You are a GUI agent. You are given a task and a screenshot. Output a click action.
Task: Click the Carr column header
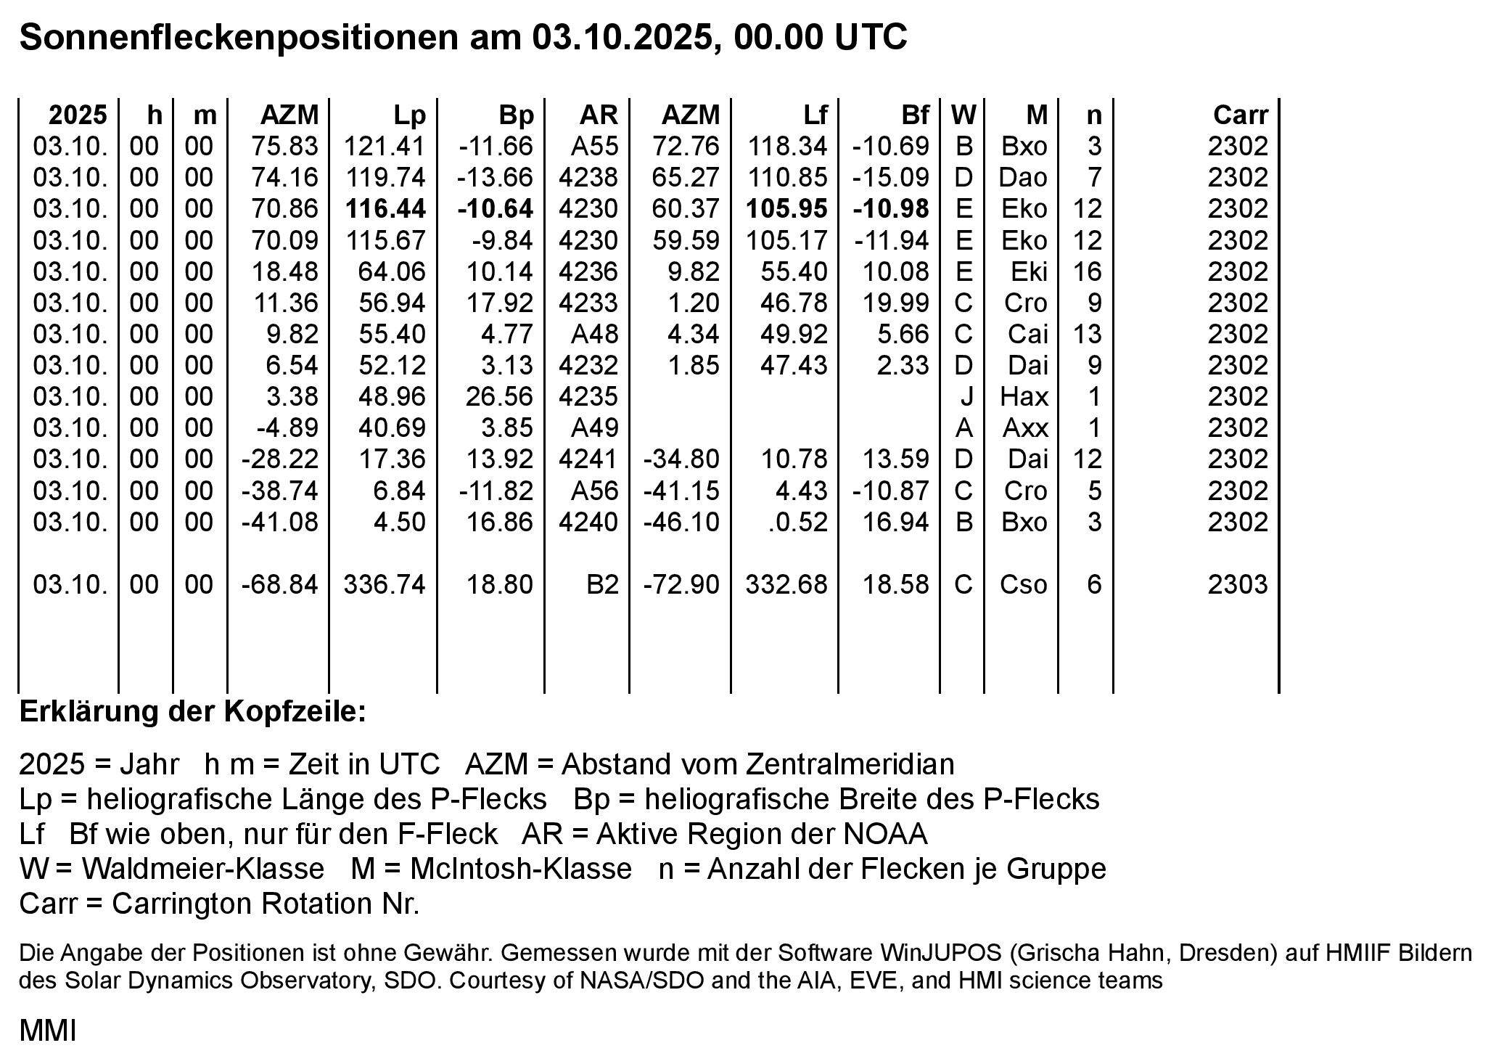1240,115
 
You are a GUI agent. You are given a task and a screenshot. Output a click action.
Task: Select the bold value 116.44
385,209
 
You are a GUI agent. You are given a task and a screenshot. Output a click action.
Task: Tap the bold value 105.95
786,209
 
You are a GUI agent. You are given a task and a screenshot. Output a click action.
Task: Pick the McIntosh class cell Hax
1024,397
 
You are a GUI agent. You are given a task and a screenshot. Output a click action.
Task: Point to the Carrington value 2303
1238,585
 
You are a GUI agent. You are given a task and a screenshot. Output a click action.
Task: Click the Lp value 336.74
385,585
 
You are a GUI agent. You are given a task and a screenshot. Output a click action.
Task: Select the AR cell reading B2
602,585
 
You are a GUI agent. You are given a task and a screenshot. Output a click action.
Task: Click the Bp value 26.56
499,397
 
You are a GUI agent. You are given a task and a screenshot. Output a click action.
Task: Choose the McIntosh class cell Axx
1024,428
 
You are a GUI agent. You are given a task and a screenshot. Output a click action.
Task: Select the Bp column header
516,115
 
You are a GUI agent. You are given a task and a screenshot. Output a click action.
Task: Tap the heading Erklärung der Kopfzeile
193,712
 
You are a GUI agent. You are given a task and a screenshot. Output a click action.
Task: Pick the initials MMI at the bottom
48,1031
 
